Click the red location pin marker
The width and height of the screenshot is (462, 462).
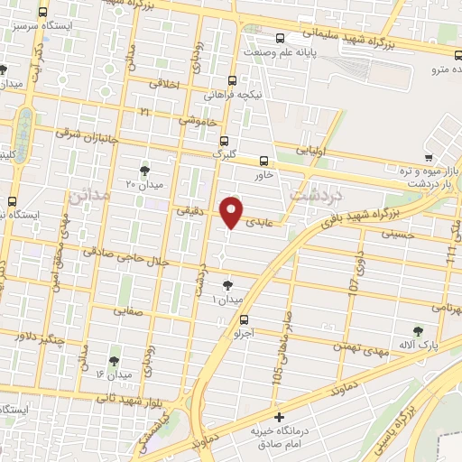(232, 211)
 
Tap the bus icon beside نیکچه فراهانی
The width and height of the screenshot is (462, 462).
(233, 79)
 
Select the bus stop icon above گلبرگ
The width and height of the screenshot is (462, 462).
(225, 140)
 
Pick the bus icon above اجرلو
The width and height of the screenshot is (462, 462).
(244, 319)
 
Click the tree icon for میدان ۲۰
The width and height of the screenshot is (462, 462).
(144, 171)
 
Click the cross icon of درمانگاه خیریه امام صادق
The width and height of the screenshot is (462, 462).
(280, 417)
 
